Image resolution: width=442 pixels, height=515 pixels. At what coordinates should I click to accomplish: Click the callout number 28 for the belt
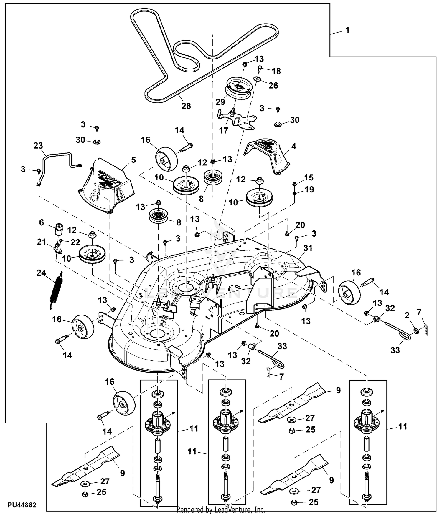coord(186,106)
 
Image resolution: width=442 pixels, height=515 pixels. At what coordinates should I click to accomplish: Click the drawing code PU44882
coord(22,505)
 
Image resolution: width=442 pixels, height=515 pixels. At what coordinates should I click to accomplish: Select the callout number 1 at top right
coord(347,30)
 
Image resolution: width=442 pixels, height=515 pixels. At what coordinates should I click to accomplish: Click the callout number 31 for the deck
coord(308,248)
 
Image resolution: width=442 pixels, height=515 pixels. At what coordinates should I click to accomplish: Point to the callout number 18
coord(276,71)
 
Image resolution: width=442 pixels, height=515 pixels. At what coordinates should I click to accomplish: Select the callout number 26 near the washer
coord(273,85)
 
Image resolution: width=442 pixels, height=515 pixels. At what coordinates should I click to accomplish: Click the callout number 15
coord(309,177)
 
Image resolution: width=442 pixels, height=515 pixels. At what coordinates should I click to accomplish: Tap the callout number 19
coord(309,190)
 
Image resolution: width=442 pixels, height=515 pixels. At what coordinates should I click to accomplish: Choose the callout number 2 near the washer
coord(407,316)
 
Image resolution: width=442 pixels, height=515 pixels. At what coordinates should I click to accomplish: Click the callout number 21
coord(42,242)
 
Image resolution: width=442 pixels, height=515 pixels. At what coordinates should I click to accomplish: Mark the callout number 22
coord(75,242)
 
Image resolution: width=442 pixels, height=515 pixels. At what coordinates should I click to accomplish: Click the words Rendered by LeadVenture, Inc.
coord(221,510)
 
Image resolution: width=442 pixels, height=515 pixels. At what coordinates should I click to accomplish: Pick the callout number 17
coord(224,130)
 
